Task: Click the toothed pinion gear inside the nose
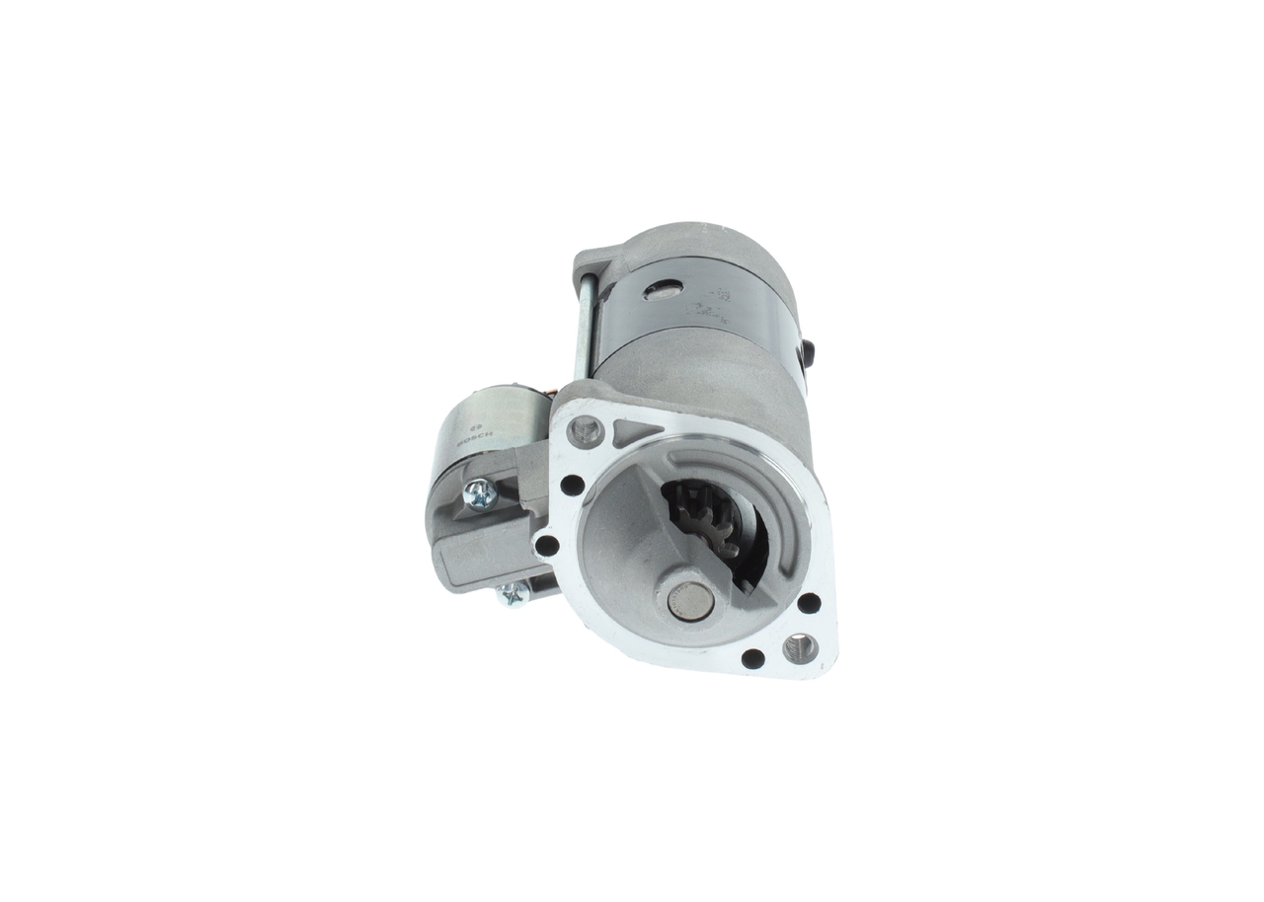coord(703,517)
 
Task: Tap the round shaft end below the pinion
coord(689,600)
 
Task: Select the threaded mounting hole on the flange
coord(799,648)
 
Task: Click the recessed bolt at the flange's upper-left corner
coord(586,430)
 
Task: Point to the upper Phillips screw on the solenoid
coord(480,493)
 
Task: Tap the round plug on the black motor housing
coord(662,290)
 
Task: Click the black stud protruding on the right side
coord(808,352)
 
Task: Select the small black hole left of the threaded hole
coord(752,658)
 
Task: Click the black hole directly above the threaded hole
coord(808,602)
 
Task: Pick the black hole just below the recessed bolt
coord(572,485)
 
